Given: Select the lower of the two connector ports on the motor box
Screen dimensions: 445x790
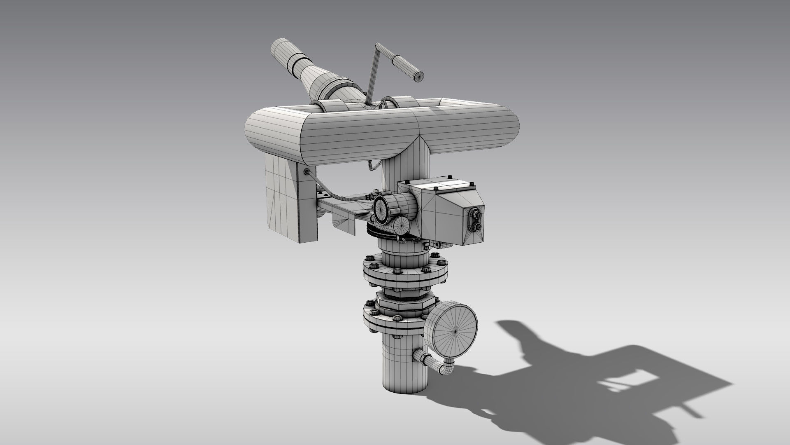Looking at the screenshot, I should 478,227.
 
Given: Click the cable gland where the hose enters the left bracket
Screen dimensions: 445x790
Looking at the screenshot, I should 307,171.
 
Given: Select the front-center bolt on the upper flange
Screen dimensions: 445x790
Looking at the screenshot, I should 398,271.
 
